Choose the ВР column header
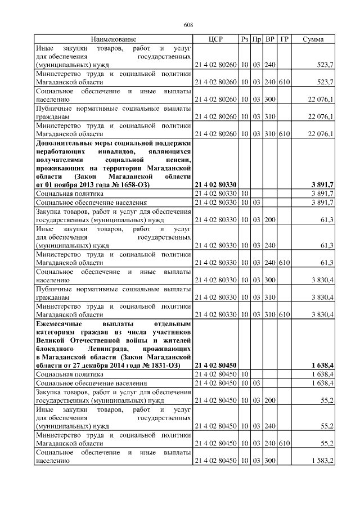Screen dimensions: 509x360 click(270, 39)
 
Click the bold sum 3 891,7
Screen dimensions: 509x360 click(322, 184)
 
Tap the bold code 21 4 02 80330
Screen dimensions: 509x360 click(215, 184)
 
